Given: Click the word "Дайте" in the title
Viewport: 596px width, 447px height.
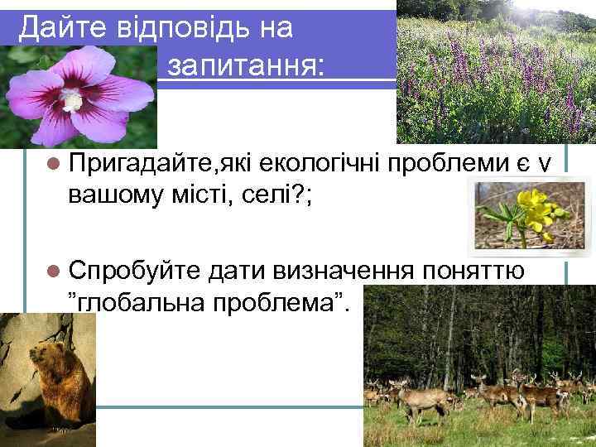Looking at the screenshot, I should coord(55,29).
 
